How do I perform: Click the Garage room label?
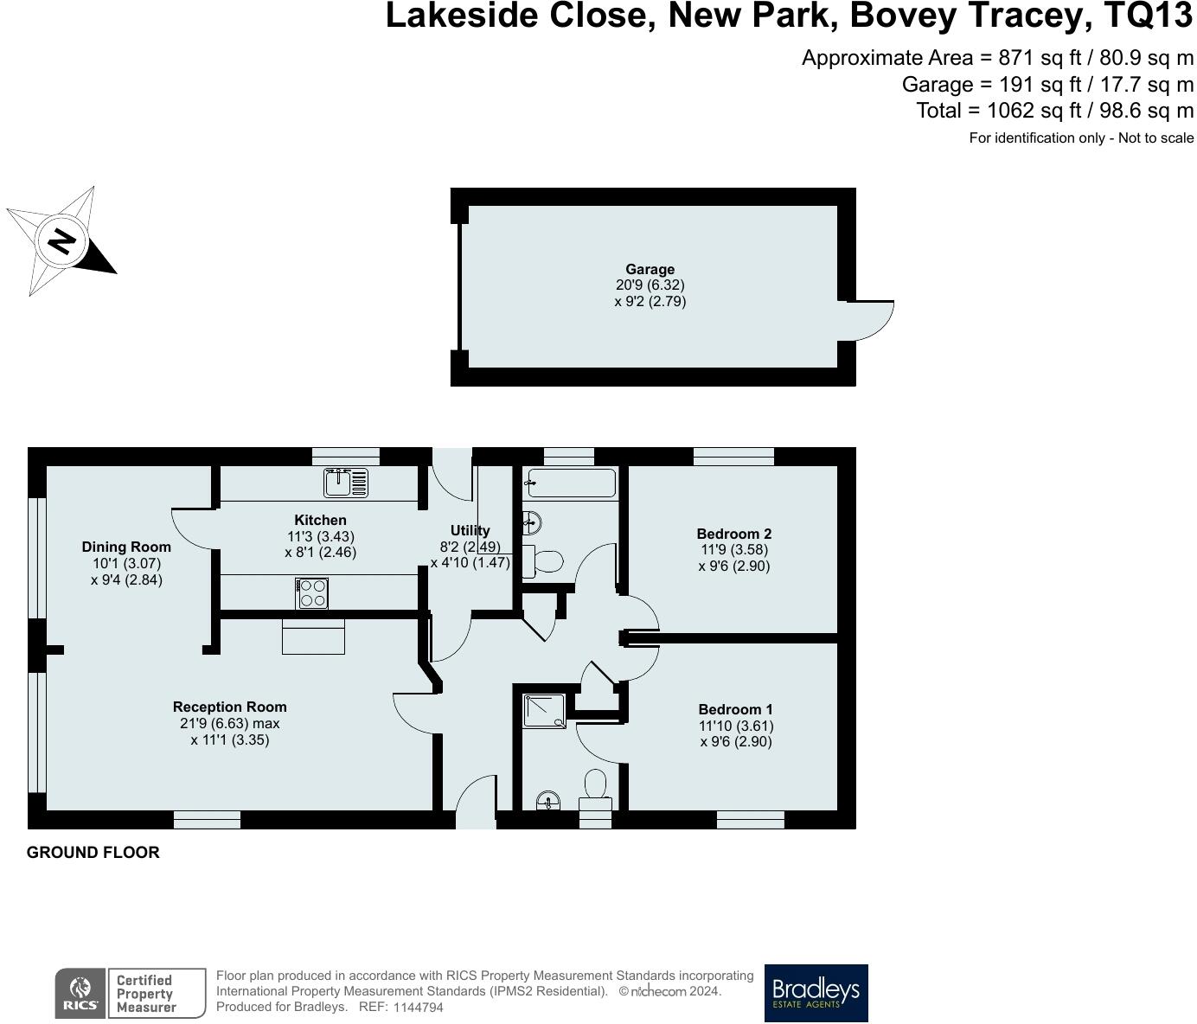[x=650, y=269]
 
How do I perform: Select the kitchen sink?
[x=346, y=483]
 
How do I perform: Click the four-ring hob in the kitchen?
[x=312, y=593]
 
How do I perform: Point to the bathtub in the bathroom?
[x=572, y=483]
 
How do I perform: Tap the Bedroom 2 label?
[x=733, y=534]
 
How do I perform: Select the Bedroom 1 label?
[x=735, y=709]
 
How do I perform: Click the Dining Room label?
[x=126, y=547]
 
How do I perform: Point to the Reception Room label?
[x=229, y=707]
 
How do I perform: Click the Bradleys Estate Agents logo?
[x=816, y=993]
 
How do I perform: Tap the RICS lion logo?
[x=80, y=993]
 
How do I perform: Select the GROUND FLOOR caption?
[x=93, y=852]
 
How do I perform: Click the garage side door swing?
[x=869, y=320]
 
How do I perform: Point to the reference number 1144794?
[x=418, y=1008]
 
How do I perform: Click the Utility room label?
[x=470, y=530]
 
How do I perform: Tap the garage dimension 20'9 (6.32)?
[x=650, y=285]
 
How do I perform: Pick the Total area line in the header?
[x=1054, y=111]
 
